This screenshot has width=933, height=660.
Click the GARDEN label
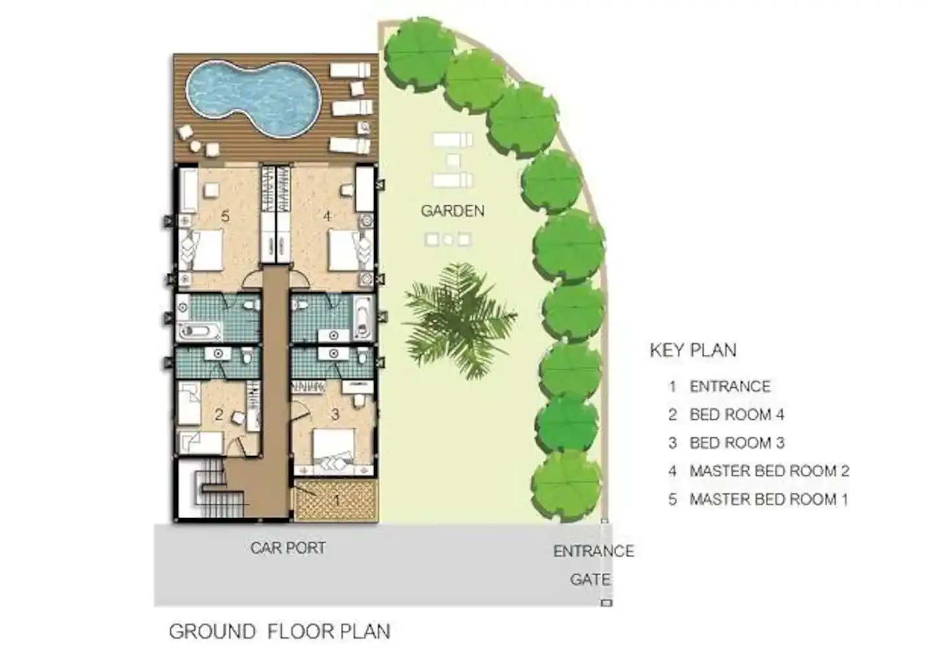[x=452, y=211]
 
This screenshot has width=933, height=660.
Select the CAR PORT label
[x=288, y=548]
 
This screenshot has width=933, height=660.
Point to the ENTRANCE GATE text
[x=592, y=565]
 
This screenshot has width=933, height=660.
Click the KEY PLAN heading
[x=693, y=350]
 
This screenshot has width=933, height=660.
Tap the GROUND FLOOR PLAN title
[x=279, y=631]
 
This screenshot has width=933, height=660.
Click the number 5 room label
[x=225, y=216]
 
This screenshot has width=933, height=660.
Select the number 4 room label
[x=327, y=216]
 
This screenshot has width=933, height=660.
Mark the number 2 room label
[x=219, y=415]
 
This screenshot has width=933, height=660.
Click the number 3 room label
[x=335, y=415]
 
